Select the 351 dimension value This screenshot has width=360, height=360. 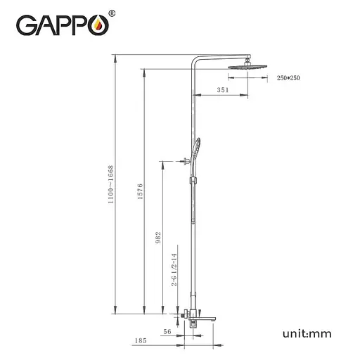(x=223, y=89)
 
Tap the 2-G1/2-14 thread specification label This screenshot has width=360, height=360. (x=174, y=273)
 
